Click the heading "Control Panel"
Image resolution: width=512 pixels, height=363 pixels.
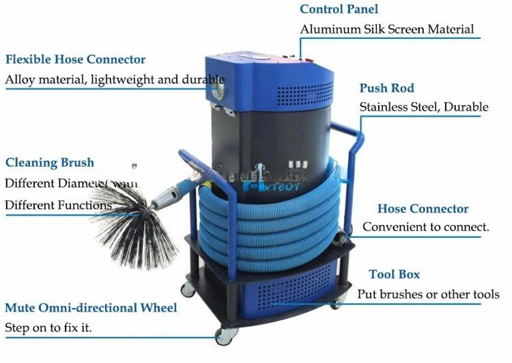click(x=339, y=10)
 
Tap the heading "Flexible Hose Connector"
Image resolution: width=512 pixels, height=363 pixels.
click(x=75, y=59)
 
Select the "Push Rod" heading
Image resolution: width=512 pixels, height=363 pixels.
click(x=386, y=88)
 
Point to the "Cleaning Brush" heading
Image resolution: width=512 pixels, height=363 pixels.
click(x=50, y=163)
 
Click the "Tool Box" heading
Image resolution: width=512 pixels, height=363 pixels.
click(x=394, y=274)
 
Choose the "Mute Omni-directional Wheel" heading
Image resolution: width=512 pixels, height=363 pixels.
click(x=91, y=308)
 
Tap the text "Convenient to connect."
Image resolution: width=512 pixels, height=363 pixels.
click(x=425, y=227)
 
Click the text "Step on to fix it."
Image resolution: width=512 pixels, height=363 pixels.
click(x=48, y=328)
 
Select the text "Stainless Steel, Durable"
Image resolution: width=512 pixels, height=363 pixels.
click(x=423, y=107)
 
